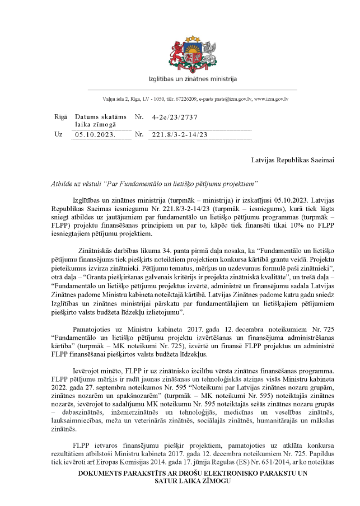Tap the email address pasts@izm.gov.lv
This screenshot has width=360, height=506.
coord(228,99)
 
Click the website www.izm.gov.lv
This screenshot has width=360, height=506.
coord(272,99)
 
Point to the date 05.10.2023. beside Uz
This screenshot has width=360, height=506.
coord(95,135)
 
